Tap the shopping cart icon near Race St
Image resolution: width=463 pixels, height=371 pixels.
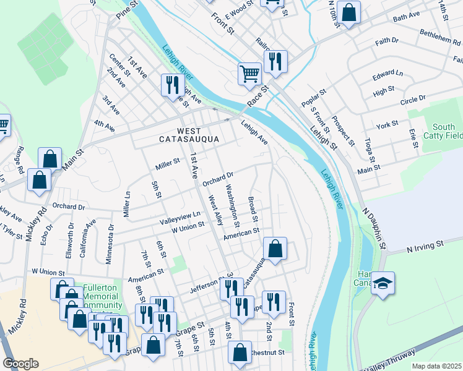click(249, 73)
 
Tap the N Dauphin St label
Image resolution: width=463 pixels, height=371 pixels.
click(374, 227)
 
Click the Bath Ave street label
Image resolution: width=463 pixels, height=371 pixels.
click(407, 19)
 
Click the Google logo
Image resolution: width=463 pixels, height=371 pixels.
click(20, 364)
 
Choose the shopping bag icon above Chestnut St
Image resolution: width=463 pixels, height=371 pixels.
click(240, 352)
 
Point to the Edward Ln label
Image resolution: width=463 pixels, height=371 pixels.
click(387, 75)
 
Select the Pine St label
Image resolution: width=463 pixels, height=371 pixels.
click(126, 9)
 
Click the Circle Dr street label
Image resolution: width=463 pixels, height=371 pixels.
click(413, 100)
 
